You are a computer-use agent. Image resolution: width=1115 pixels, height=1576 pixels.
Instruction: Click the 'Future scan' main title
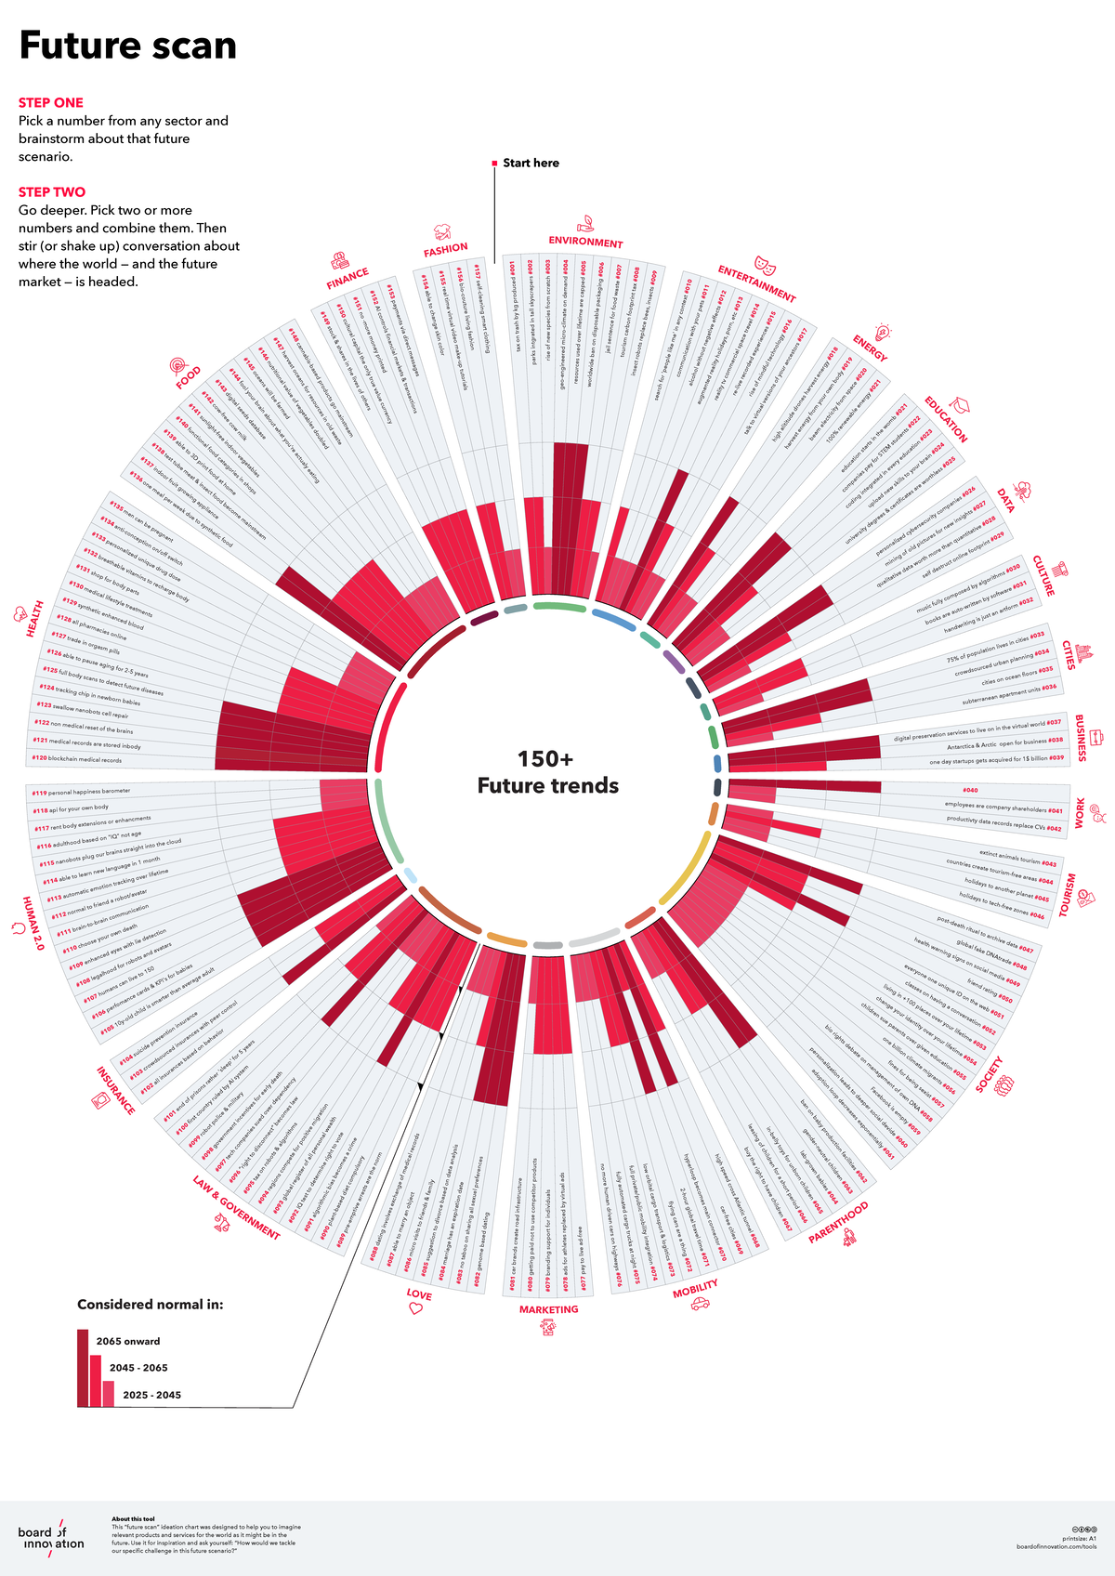(x=128, y=46)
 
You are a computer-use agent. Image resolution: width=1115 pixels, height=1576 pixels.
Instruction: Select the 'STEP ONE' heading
(x=51, y=103)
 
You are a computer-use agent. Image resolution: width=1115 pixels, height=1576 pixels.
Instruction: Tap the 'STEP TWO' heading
(x=52, y=192)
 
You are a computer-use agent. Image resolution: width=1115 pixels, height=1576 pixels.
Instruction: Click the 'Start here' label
(x=531, y=164)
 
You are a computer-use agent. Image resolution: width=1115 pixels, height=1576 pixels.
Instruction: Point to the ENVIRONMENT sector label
(x=585, y=243)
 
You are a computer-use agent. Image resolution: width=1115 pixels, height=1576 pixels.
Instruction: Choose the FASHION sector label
(x=446, y=249)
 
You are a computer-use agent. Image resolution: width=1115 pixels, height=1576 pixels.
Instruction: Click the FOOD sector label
(x=189, y=378)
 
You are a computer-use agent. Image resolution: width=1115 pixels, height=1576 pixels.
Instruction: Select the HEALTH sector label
(x=34, y=619)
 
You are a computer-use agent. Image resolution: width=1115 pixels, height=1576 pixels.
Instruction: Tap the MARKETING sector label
(x=548, y=1309)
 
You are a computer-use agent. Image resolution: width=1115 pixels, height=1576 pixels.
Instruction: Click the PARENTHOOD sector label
(x=838, y=1223)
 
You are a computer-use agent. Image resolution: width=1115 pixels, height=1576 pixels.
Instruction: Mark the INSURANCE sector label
(x=116, y=1090)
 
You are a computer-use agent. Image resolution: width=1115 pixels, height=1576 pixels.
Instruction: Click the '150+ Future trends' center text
(x=547, y=772)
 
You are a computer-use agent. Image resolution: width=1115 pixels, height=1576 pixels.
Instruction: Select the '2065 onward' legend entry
(x=128, y=1342)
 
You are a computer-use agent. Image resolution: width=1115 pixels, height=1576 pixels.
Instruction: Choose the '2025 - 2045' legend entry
(x=151, y=1395)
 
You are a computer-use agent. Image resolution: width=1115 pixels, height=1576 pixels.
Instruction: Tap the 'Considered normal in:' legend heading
(x=150, y=1305)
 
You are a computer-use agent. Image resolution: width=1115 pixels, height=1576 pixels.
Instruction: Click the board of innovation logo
(x=50, y=1538)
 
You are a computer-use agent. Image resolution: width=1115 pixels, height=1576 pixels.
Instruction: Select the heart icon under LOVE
(x=415, y=1308)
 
